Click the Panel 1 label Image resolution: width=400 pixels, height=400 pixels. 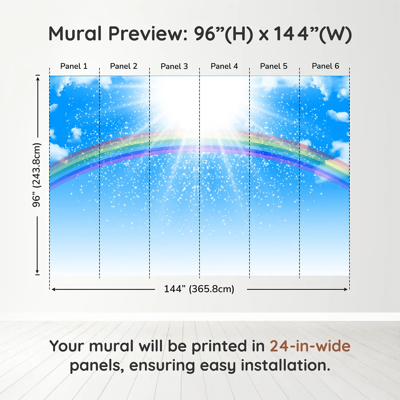pyautogui.click(x=74, y=66)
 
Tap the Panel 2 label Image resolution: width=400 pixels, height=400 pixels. pyautogui.click(x=123, y=66)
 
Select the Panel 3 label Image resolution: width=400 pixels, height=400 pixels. pyautogui.click(x=174, y=66)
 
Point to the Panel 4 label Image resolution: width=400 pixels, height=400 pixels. pyautogui.click(x=224, y=66)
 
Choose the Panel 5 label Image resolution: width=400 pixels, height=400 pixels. pyautogui.click(x=274, y=66)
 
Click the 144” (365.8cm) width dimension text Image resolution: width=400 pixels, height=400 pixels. pyautogui.click(x=199, y=289)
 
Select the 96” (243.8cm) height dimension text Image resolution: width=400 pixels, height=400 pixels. pyautogui.click(x=37, y=175)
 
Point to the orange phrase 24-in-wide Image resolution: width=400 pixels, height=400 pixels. pyautogui.click(x=310, y=346)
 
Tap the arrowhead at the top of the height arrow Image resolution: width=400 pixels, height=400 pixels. pyautogui.click(x=38, y=79)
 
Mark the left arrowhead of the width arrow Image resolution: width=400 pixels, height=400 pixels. pyautogui.click(x=53, y=289)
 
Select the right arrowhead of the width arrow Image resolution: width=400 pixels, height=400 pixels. pyautogui.click(x=346, y=289)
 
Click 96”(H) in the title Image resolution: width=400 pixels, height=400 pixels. pyautogui.click(x=223, y=34)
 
